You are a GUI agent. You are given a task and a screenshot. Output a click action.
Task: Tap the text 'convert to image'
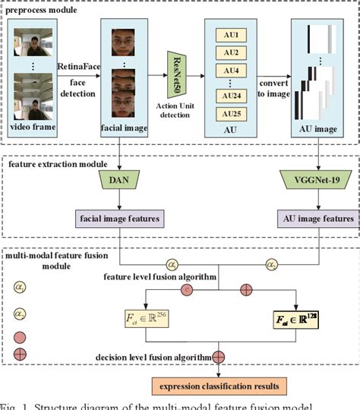coord(272,90)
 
